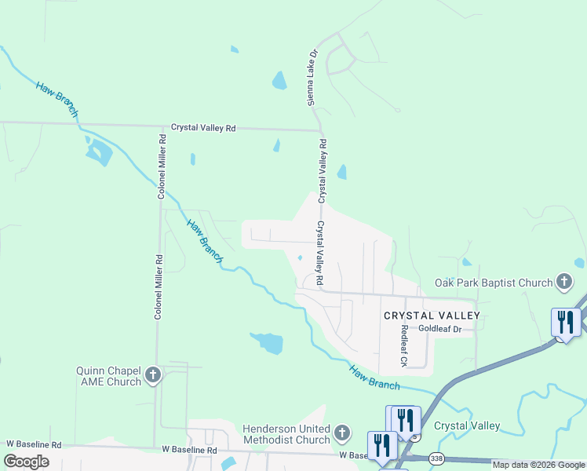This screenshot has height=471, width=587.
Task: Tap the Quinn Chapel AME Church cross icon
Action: pyautogui.click(x=153, y=375)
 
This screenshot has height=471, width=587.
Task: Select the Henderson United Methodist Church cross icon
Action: pyautogui.click(x=341, y=433)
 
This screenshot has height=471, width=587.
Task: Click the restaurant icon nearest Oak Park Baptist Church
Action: pyautogui.click(x=565, y=322)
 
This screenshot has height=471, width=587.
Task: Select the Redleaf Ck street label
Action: pyautogui.click(x=404, y=345)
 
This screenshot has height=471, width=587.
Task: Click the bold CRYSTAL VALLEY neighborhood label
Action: pyautogui.click(x=431, y=315)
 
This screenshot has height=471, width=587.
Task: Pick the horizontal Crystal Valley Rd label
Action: pyautogui.click(x=203, y=128)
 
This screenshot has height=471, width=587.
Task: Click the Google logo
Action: pyautogui.click(x=26, y=462)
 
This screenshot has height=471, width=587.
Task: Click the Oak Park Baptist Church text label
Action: pyautogui.click(x=494, y=282)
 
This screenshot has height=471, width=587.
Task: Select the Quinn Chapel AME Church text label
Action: pyautogui.click(x=108, y=376)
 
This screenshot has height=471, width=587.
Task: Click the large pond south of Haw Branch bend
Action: pyautogui.click(x=267, y=342)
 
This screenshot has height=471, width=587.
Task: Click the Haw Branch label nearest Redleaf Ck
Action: pyautogui.click(x=374, y=378)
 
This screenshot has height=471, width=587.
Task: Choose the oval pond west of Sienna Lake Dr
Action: pyautogui.click(x=279, y=80)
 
